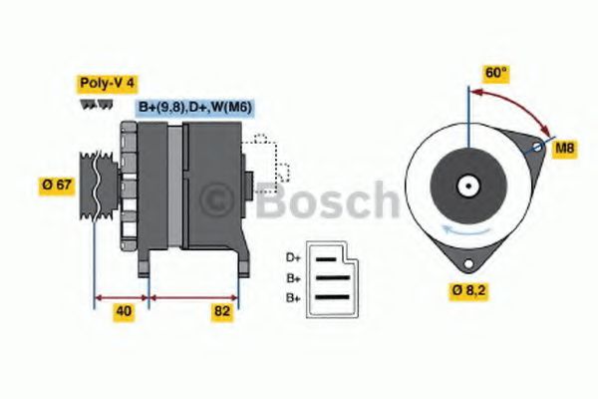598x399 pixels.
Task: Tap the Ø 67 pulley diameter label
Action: click(x=57, y=185)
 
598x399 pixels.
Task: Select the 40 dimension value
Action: click(x=123, y=311)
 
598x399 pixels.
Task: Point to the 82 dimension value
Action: click(x=222, y=311)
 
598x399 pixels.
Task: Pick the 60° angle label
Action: click(x=495, y=73)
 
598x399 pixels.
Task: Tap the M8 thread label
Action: click(x=564, y=149)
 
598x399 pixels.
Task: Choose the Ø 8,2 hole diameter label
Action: click(x=467, y=291)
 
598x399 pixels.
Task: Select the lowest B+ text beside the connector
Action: click(x=292, y=298)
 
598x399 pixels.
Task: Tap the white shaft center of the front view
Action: click(x=466, y=186)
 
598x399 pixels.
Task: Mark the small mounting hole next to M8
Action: click(x=537, y=148)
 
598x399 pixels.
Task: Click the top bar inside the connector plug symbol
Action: click(x=328, y=257)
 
